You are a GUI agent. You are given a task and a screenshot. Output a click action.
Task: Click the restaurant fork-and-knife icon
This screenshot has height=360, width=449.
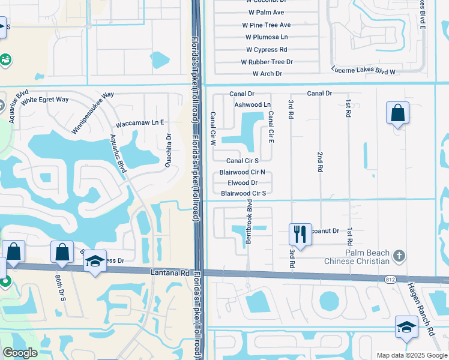pyautogui.click(x=300, y=234)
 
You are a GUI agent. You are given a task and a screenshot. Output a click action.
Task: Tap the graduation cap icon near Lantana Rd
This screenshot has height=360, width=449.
pyautogui.click(x=95, y=262)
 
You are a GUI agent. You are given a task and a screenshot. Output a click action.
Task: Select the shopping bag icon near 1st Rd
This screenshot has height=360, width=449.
pyautogui.click(x=397, y=113)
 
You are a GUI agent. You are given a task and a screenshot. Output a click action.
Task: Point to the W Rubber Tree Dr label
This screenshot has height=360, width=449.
pyautogui.click(x=267, y=62)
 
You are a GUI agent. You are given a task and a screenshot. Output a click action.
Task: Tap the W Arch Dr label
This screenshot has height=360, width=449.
pyautogui.click(x=267, y=74)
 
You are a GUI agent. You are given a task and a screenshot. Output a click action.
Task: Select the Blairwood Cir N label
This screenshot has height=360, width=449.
pyautogui.click(x=243, y=172)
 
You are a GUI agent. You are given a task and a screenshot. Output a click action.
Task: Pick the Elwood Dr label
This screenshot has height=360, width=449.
pyautogui.click(x=243, y=183)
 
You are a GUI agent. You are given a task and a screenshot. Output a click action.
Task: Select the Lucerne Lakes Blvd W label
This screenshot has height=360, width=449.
pyautogui.click(x=363, y=71)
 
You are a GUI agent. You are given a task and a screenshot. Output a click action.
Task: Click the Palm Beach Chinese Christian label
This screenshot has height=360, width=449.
pyautogui.click(x=357, y=257)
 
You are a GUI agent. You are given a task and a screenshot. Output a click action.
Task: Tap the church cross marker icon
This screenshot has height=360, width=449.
pyautogui.click(x=399, y=256)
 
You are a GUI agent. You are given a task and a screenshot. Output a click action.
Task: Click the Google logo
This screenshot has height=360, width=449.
pyautogui.click(x=20, y=353)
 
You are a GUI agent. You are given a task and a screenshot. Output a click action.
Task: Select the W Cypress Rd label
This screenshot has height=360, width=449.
pyautogui.click(x=267, y=50)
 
